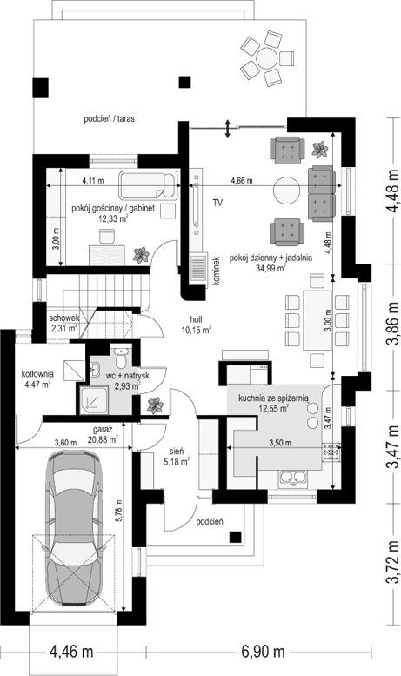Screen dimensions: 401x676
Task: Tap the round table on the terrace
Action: coord(266,57)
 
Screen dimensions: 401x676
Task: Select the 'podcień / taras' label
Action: coord(109,118)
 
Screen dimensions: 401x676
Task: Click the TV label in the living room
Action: coord(217,203)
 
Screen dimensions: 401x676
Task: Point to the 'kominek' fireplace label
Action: coord(216,271)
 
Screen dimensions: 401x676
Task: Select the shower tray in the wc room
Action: coord(91,398)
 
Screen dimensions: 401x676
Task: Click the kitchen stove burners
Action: coord(331,452)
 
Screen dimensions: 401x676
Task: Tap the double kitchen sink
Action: coord(293,478)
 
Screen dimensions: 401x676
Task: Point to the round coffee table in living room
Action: coord(286,190)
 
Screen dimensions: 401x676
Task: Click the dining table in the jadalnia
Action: coord(317,320)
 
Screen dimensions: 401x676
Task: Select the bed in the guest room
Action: coord(148,185)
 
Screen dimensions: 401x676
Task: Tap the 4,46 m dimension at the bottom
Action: coord(71,651)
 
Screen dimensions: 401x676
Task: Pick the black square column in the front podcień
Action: coord(235,537)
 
